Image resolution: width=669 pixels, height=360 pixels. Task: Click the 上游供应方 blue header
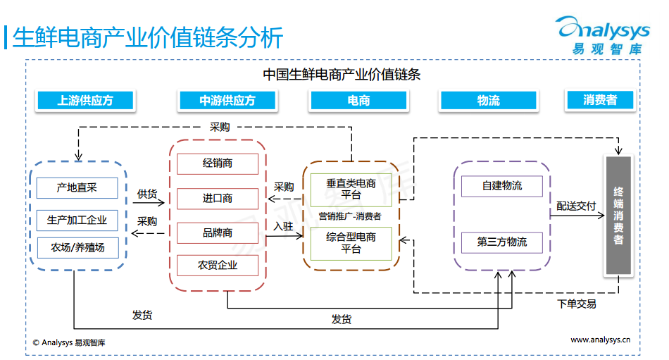[85, 101]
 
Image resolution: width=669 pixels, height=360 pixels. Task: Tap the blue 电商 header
[358, 101]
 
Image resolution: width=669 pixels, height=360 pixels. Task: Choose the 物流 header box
[488, 101]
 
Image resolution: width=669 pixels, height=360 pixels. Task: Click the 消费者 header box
[600, 100]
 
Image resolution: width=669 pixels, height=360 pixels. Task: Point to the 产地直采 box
[77, 187]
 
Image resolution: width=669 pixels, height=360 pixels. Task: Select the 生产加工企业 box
[77, 220]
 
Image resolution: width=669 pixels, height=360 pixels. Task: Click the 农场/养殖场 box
[77, 247]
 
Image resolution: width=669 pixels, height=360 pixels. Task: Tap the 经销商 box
[218, 163]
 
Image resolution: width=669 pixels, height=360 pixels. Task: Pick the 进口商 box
[218, 198]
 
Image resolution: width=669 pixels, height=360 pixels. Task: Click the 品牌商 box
[218, 232]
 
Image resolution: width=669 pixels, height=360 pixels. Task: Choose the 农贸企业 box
[218, 265]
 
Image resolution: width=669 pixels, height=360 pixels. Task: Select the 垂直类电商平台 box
[351, 189]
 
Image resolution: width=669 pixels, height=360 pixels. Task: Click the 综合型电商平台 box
[351, 243]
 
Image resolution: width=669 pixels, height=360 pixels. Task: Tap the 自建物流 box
[502, 186]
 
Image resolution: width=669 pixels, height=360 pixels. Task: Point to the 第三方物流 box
[502, 242]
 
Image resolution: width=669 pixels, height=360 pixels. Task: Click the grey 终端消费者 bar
[618, 216]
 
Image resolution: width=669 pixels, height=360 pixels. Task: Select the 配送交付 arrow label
[576, 206]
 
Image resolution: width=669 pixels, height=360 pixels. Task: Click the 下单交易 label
[577, 304]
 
